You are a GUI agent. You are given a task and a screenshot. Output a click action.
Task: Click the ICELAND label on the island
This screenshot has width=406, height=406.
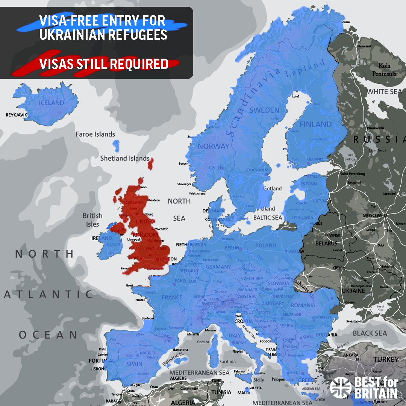coord(52,103)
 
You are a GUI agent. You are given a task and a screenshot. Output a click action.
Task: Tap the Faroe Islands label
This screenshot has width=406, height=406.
coord(95,134)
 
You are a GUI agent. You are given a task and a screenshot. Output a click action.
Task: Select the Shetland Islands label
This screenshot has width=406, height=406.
coord(125,159)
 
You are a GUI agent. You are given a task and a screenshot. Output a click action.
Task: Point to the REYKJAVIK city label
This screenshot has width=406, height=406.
coord(17,115)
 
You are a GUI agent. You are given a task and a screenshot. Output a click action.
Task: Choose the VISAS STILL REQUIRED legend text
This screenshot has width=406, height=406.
coord(103,64)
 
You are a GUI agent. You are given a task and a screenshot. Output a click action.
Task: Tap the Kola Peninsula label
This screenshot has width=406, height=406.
coord(384,70)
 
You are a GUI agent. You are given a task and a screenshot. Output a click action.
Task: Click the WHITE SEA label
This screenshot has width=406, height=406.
coord(384,92)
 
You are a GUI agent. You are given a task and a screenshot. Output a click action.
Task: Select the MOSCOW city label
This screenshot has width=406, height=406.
coord(372,216)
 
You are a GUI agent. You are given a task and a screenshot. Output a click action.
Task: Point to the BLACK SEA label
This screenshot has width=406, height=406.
coord(370,333)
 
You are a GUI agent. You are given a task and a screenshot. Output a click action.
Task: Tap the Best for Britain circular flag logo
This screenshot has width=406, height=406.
coord(340,387)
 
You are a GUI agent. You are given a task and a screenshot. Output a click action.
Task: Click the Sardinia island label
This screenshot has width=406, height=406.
coord(227,362)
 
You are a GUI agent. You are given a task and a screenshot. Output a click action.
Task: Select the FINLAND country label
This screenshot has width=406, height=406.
coord(315,124)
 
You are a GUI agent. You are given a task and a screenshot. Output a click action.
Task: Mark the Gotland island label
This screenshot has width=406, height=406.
coord(273,188)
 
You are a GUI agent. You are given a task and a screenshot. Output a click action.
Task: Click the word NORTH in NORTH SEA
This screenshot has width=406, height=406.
coord(179,201)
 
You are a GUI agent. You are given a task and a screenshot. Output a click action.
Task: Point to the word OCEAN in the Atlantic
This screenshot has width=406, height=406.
coord(48,335)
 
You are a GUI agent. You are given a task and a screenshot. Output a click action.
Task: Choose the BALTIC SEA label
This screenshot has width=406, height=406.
coord(267,218)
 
